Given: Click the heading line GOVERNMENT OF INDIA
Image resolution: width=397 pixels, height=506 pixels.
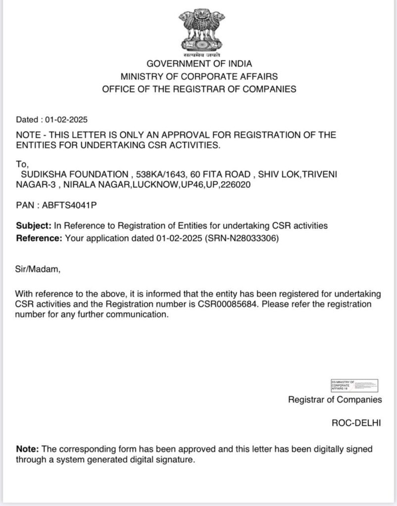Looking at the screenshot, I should tap(199, 64).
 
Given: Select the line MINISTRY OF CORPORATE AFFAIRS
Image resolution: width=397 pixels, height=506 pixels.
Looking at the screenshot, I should tap(199, 77).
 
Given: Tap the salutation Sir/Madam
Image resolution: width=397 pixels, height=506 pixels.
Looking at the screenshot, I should tap(38, 270).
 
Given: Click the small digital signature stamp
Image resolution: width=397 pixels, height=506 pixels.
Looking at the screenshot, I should tap(354, 385).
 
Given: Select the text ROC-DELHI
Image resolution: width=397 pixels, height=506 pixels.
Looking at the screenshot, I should tap(356, 423).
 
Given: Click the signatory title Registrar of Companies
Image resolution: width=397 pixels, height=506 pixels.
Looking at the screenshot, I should tap(335, 400).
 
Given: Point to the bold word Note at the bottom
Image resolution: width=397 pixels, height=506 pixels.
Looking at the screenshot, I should tap(27, 449).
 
